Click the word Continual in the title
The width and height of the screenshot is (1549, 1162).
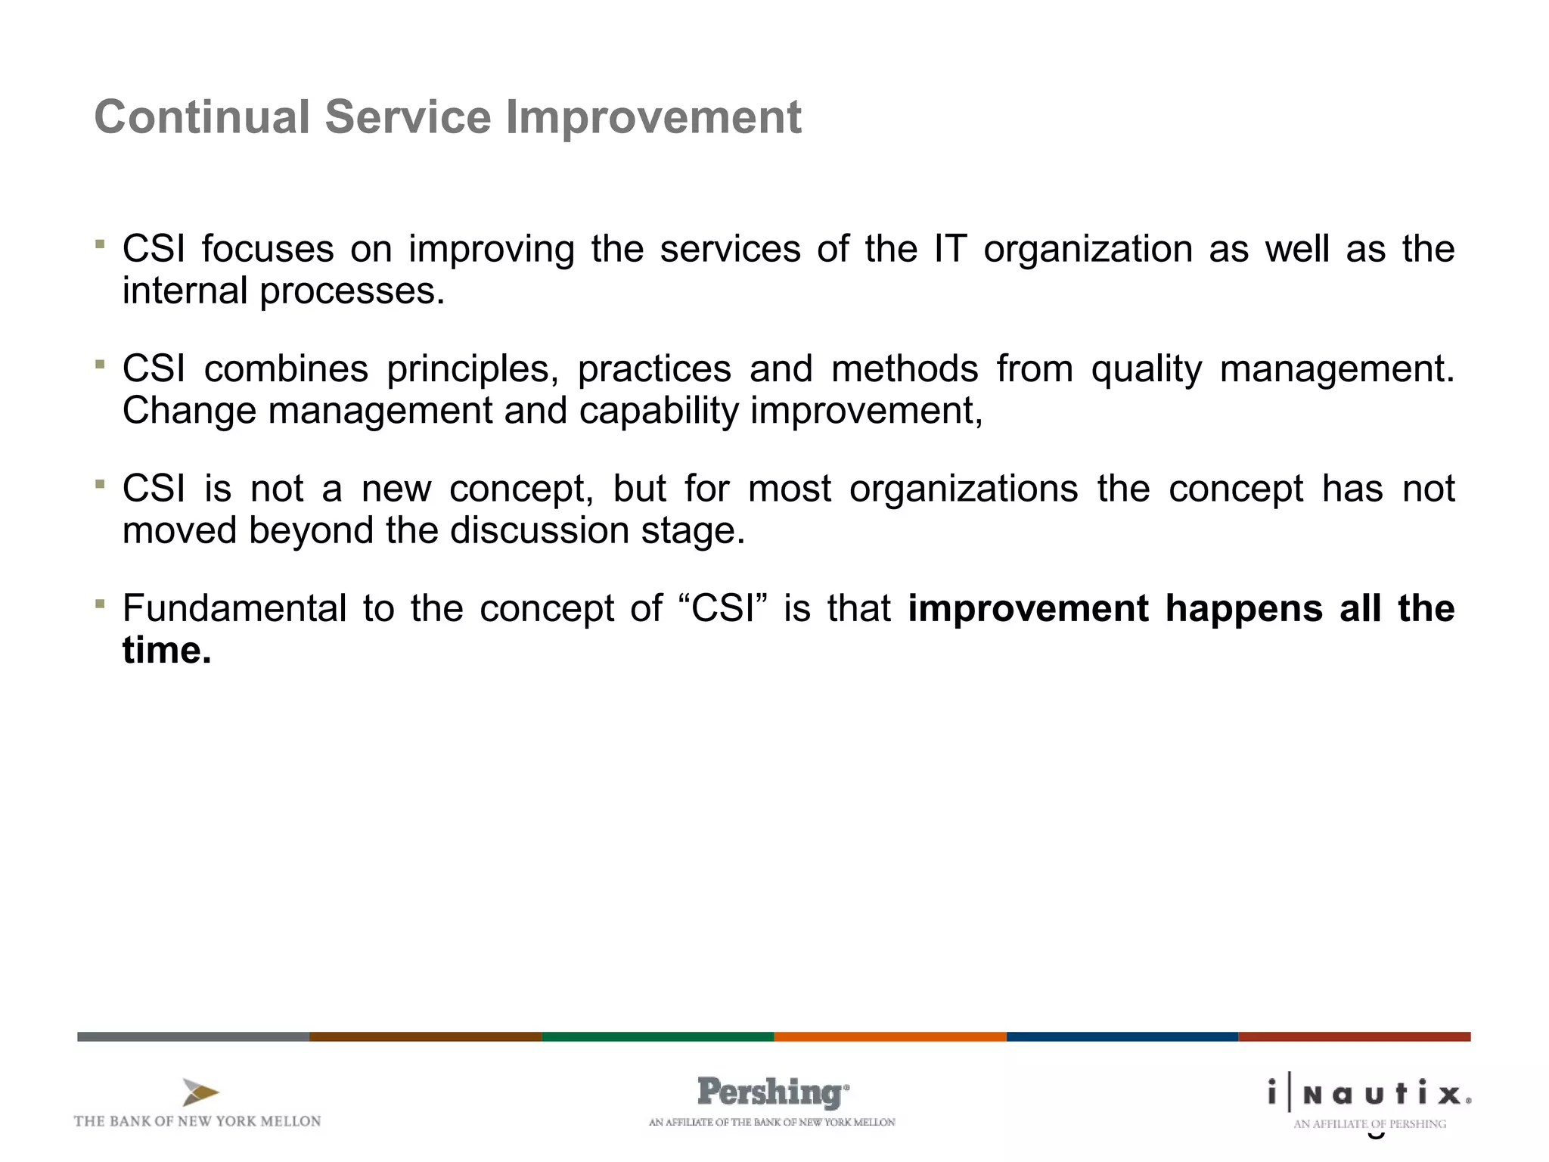202,117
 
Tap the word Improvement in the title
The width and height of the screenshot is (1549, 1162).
653,117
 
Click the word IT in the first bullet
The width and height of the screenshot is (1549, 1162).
950,249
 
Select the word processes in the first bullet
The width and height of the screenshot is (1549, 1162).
352,291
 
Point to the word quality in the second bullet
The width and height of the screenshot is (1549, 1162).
1146,369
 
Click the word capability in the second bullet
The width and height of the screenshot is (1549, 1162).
659,411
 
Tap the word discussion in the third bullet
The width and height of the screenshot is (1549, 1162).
539,530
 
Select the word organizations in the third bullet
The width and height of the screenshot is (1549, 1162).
964,489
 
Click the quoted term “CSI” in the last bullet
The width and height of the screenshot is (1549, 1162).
724,608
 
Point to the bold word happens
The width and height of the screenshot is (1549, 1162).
1243,608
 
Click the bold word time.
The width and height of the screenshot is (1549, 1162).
166,650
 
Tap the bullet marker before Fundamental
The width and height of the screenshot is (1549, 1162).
99,603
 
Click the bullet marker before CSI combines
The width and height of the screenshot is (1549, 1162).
99,364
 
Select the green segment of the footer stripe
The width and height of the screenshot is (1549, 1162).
657,1036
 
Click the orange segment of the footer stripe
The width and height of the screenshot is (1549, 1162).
889,1036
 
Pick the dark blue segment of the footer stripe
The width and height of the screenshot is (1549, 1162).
1122,1036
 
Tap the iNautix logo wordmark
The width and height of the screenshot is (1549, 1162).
1369,1094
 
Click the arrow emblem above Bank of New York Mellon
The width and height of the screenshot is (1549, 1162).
200,1092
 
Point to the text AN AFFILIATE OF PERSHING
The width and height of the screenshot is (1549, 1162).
1369,1124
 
